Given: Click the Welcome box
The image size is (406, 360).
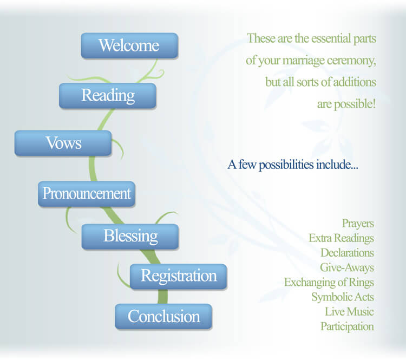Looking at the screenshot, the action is coord(129,45).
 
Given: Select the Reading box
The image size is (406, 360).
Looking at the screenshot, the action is coord(108,96).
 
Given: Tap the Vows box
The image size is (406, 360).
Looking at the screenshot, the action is coord(63,143).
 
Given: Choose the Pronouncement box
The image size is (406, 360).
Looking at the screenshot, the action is coord(87,194).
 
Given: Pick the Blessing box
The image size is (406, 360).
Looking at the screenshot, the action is coord(130,237).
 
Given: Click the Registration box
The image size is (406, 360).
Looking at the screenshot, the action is coord(179,277).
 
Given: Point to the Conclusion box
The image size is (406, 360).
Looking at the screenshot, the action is coord(163,317).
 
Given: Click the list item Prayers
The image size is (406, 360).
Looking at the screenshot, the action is coord(358,224).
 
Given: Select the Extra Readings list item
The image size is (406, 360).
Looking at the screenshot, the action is coord(341,238).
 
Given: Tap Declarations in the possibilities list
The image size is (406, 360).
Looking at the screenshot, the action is coord(347,253).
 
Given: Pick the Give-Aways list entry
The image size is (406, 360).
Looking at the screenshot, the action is coord(347,267).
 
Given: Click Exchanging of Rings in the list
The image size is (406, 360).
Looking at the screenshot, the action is coord(329,282).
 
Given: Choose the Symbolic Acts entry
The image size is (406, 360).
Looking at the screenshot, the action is coord(343,297).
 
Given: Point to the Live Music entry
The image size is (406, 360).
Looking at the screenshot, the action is coord(350,312).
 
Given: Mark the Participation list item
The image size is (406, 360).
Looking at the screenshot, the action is coord(347,326).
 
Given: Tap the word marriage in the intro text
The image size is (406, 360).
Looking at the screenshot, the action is coord(304,61).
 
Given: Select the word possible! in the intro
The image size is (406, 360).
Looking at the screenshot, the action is coord(355,104).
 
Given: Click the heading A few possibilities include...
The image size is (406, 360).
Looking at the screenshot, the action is coord(293,165).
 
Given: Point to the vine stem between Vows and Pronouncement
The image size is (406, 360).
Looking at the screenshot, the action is coord(92,169).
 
